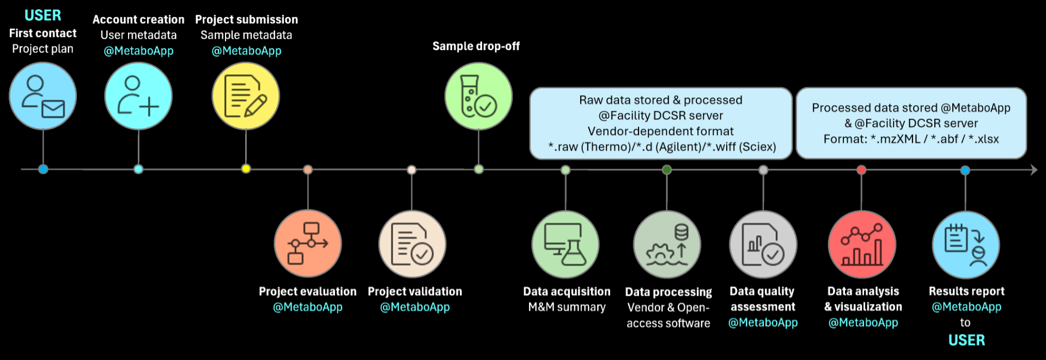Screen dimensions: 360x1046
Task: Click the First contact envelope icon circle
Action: [x=43, y=96]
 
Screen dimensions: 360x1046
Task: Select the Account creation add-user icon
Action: [x=138, y=96]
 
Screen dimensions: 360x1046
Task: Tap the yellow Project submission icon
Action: [x=246, y=96]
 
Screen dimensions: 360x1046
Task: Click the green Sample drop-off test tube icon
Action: [x=478, y=96]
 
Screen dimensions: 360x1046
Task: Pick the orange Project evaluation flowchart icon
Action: [x=308, y=243]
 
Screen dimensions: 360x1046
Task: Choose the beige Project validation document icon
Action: [x=412, y=244]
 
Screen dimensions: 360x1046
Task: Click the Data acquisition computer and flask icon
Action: [x=565, y=245]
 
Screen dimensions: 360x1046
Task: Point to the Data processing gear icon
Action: [x=667, y=245]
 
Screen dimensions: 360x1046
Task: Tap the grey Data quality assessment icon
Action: [x=763, y=245]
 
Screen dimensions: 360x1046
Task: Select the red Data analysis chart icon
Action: [x=862, y=245]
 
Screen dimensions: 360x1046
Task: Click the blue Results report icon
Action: [x=965, y=245]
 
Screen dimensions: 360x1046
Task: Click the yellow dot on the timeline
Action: [x=246, y=169]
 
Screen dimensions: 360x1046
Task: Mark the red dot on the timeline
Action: [x=861, y=170]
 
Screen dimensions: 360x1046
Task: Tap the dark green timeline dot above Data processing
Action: [x=667, y=170]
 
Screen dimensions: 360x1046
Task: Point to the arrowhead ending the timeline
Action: [x=1033, y=170]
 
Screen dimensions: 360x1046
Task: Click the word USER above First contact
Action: [x=43, y=15]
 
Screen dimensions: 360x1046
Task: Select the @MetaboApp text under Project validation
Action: [x=415, y=307]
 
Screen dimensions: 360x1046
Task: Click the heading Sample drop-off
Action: [x=476, y=46]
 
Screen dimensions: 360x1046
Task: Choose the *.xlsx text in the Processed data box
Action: [x=983, y=139]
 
